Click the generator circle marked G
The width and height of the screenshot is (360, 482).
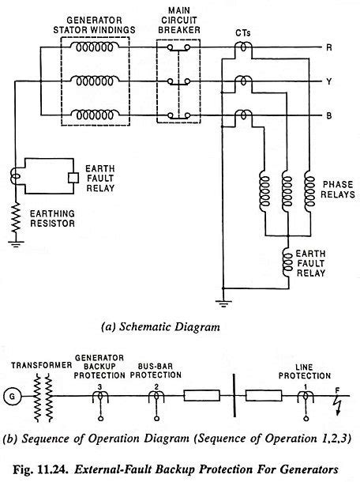(x=12, y=393)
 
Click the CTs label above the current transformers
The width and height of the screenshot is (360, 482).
(x=245, y=32)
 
